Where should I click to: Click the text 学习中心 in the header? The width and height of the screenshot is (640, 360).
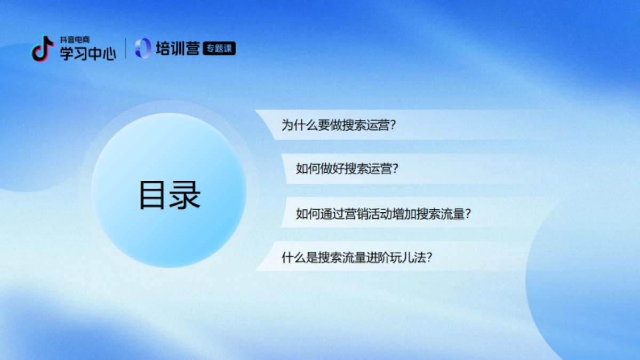pos(87,53)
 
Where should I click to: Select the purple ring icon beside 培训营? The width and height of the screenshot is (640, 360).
pos(143,49)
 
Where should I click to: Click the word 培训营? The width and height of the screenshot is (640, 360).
pos(178,49)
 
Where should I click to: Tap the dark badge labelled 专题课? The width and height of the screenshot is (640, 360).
pos(219,49)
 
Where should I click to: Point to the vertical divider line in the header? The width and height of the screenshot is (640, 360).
pos(126,49)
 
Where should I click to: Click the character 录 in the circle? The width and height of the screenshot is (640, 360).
pos(185,195)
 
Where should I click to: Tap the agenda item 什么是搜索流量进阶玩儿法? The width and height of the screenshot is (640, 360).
pos(356,258)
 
